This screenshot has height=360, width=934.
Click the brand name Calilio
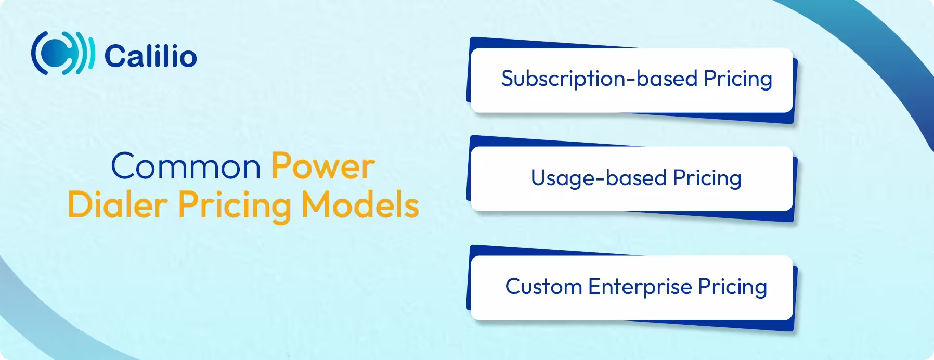click(x=150, y=56)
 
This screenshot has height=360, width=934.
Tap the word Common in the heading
click(x=186, y=167)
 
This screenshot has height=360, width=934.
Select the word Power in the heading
click(x=322, y=167)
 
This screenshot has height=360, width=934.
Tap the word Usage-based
click(x=598, y=178)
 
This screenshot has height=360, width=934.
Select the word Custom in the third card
click(x=543, y=287)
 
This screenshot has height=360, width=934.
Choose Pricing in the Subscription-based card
click(x=737, y=79)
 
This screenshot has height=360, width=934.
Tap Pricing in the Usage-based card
click(x=707, y=178)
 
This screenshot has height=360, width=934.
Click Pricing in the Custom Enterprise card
click(x=732, y=287)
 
